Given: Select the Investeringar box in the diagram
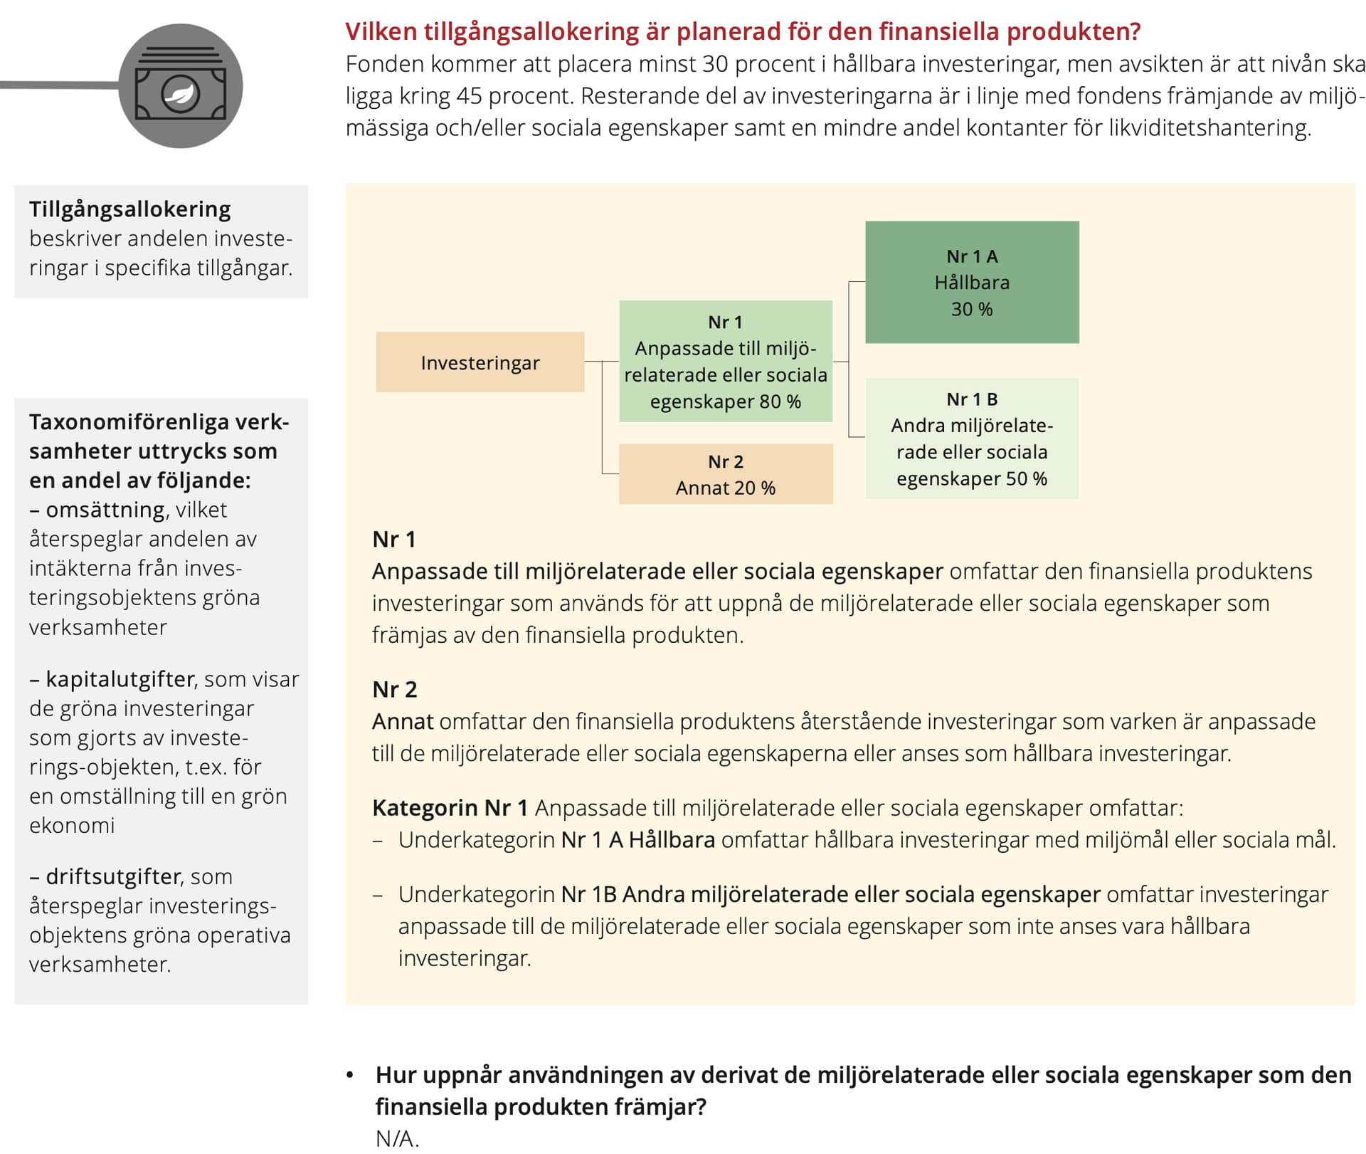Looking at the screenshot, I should coord(480,362).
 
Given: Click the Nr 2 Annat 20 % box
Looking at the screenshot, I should coord(726,474).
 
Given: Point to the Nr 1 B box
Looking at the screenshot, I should coord(972,439).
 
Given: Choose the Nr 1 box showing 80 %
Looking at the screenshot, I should coord(726,362).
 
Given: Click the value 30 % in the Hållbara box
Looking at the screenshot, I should coord(972,309).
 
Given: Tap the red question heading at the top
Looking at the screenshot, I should coord(743,31).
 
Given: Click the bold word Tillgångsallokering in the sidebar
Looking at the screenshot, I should coord(130,209).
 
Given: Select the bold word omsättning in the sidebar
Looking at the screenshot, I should coord(105,510).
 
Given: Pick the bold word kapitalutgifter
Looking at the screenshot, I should coord(120,679).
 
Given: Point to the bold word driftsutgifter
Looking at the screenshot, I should coord(114,876).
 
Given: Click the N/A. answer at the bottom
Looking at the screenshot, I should coord(397,1138).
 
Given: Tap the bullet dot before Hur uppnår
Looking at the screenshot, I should coord(349,1075).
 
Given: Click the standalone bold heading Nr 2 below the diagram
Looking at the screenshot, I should coord(395,689).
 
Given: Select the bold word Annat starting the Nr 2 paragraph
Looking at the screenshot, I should coord(403,721).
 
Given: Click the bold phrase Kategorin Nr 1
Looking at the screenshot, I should coord(450,808).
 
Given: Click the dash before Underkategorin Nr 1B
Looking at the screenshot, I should coord(378,895).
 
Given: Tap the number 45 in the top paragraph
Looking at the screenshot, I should coord(470,96).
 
